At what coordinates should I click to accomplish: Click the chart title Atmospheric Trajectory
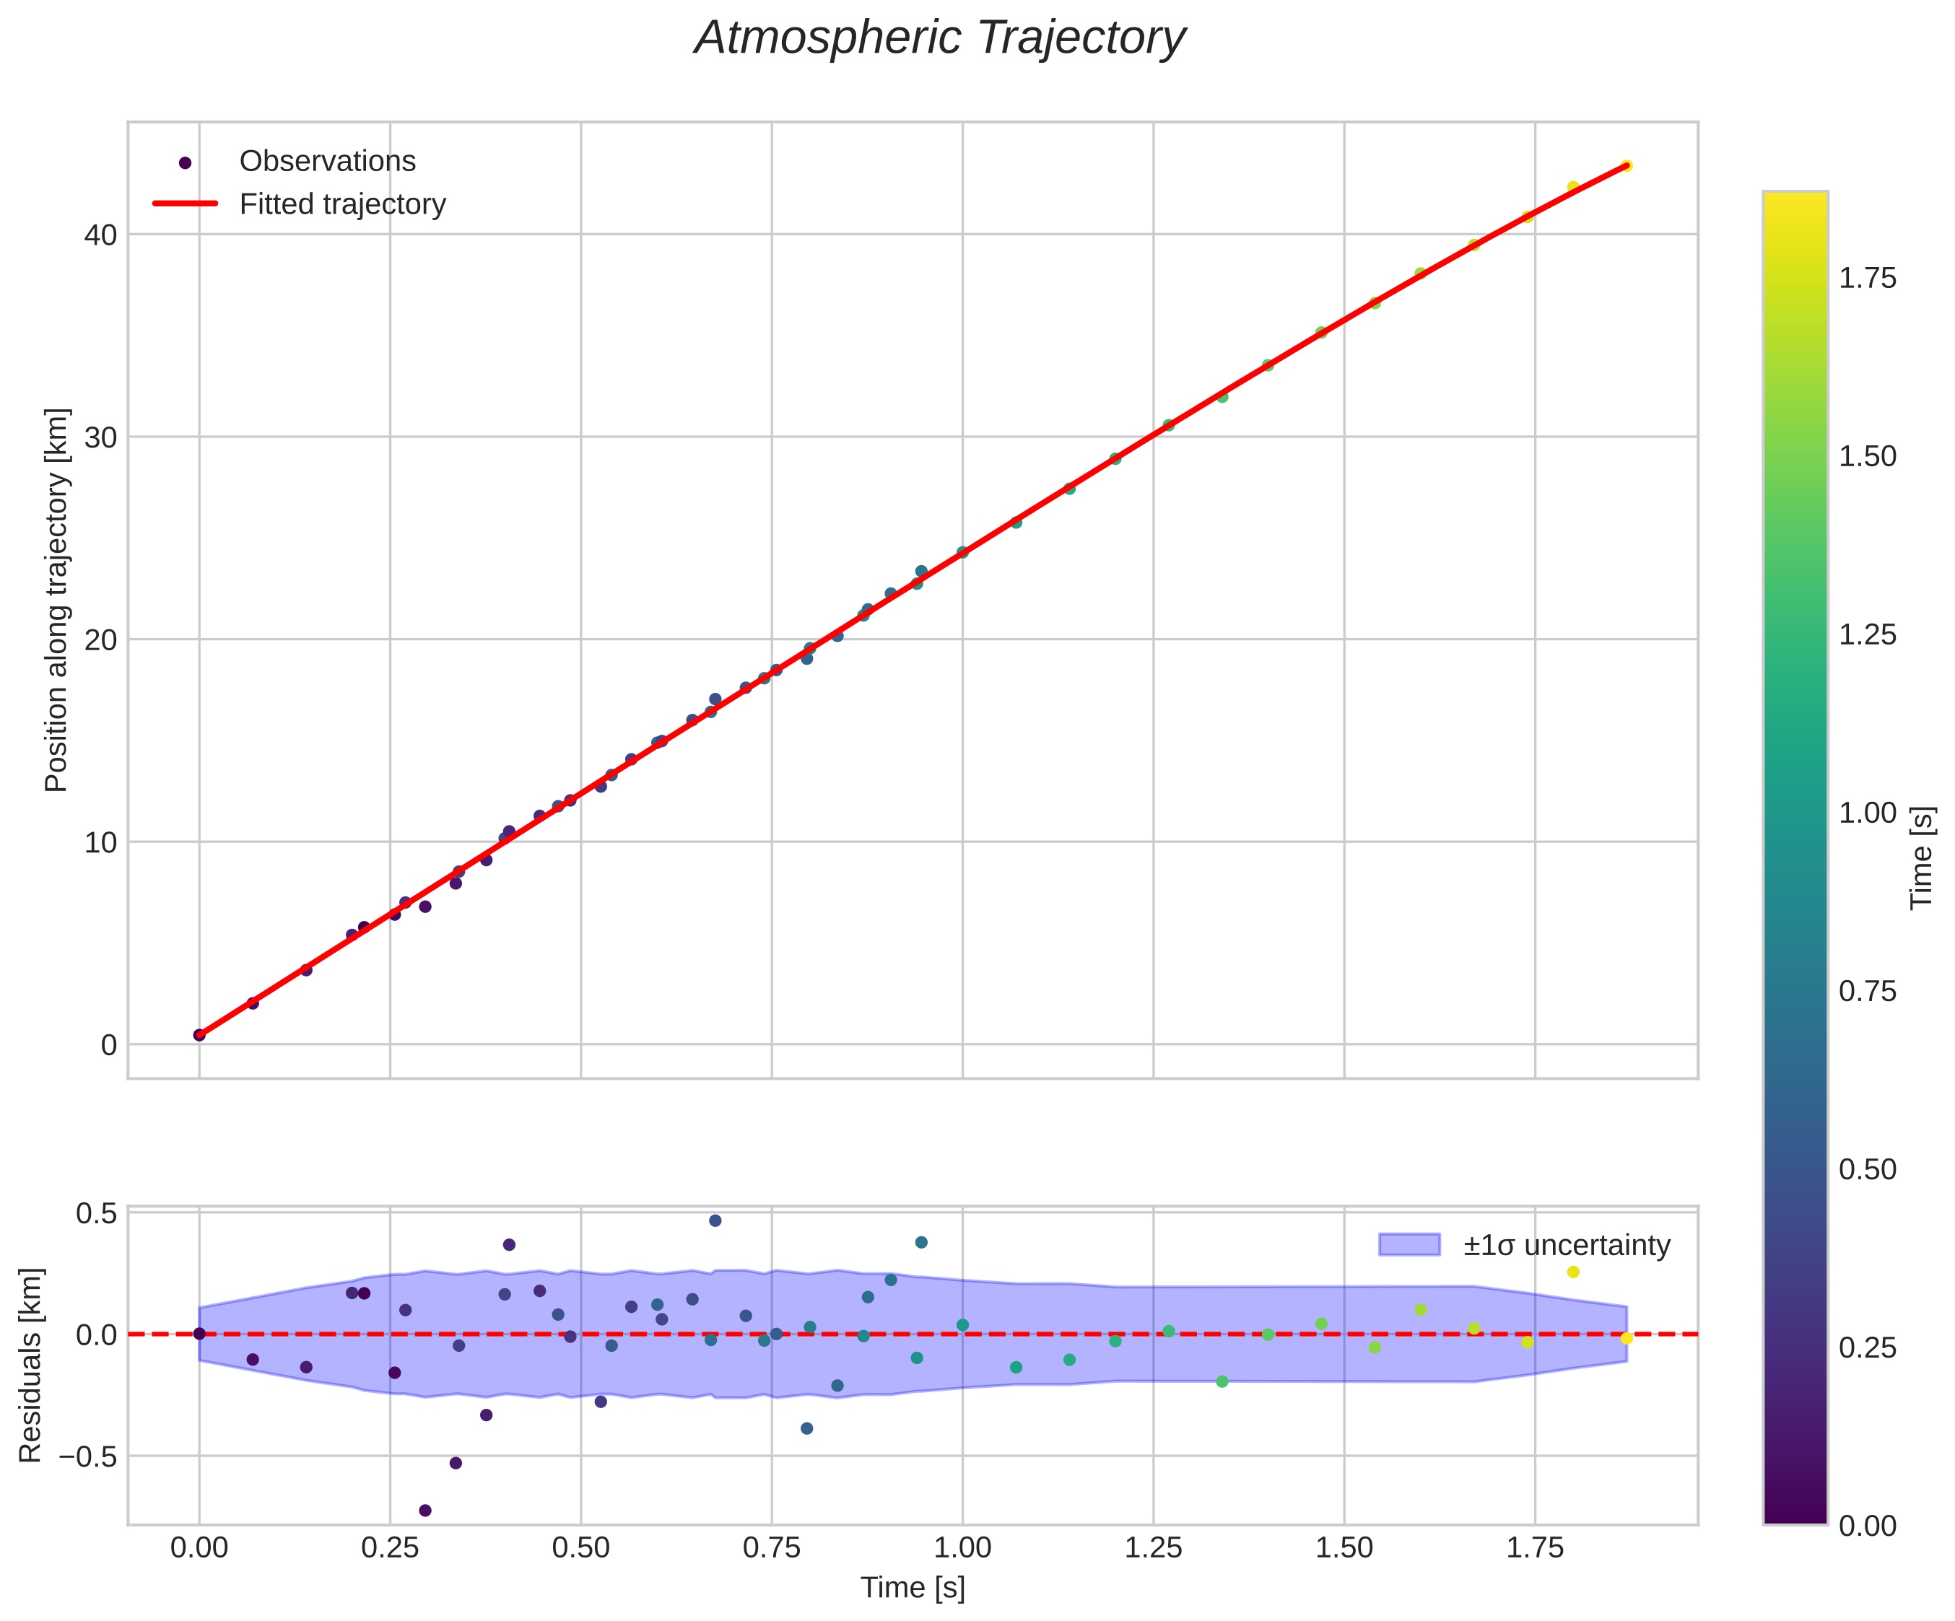point(939,39)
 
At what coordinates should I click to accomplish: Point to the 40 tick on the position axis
point(100,235)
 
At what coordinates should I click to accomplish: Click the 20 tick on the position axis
point(100,640)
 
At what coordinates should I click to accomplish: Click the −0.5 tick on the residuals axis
point(90,1456)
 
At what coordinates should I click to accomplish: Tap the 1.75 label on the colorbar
point(1868,279)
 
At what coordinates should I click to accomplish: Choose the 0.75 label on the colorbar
point(1868,992)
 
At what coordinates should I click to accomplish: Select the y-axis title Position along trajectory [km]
point(57,600)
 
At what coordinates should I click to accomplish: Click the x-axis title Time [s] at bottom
point(913,1589)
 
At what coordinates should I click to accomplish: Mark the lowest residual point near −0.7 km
point(425,1511)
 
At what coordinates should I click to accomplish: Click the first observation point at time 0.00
point(199,1035)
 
